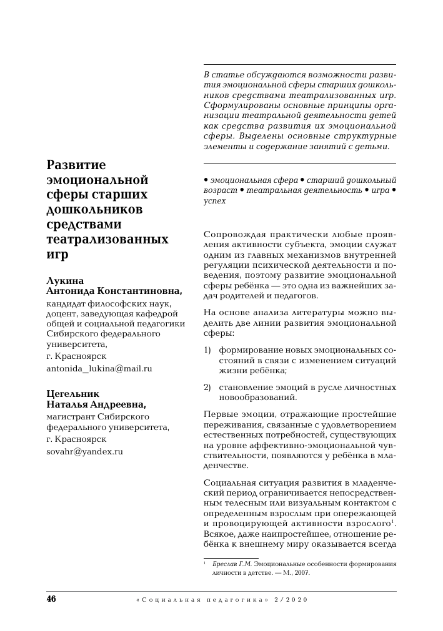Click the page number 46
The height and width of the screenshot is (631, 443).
click(x=51, y=599)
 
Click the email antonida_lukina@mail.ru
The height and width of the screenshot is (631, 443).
click(x=99, y=368)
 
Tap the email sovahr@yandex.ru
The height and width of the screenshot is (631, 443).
click(x=84, y=451)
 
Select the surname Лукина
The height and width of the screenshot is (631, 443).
click(x=66, y=280)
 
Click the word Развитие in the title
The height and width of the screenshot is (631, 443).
click(x=77, y=165)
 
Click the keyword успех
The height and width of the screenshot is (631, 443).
click(x=215, y=201)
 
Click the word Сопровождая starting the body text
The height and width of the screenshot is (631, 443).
click(x=235, y=234)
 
